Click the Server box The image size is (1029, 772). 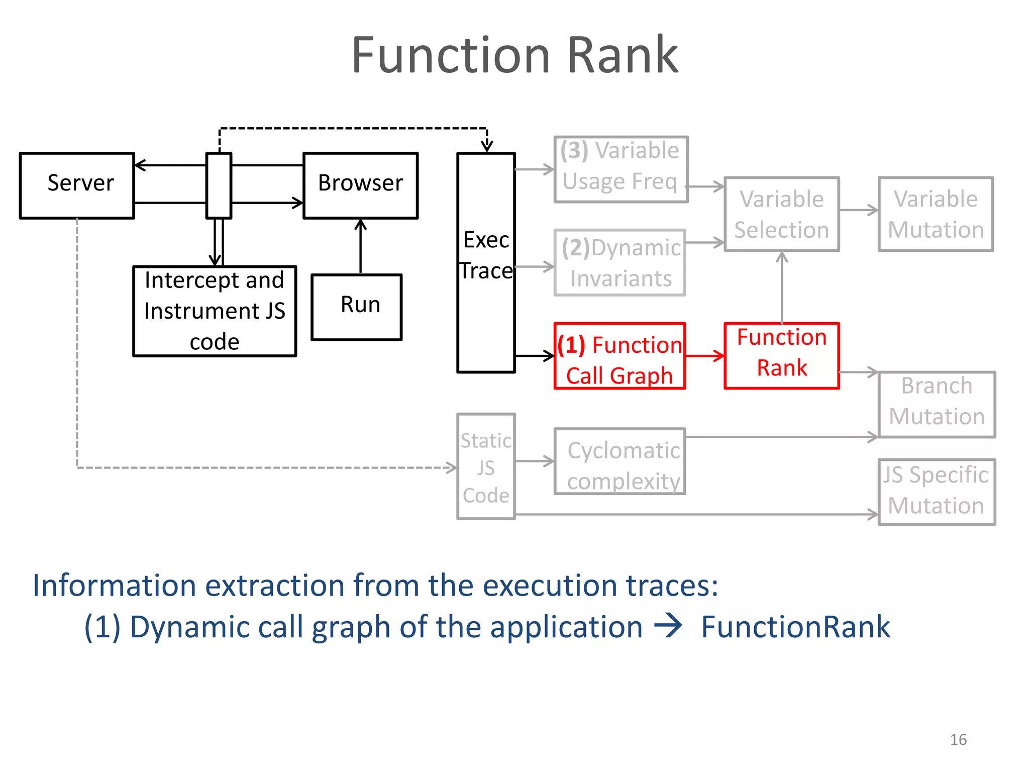pos(77,185)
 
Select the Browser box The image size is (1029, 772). pos(360,185)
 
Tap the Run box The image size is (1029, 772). pos(356,307)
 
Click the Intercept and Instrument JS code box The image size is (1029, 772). pos(215,311)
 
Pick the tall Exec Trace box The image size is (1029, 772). pos(486,262)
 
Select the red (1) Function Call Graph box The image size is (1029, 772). pos(620,356)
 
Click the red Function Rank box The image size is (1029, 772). pos(781,355)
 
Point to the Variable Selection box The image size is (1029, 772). pos(781,214)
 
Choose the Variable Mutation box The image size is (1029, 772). pos(936,214)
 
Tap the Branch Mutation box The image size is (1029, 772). pos(937,404)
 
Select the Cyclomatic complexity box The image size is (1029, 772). pos(620,461)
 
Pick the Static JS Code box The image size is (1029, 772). pos(486,466)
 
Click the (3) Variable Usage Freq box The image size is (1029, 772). pos(621,169)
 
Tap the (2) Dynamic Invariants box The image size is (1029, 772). pos(620,262)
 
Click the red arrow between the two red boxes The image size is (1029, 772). pos(704,356)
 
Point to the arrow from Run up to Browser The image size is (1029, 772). pos(360,246)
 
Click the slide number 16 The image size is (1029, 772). pos(958,739)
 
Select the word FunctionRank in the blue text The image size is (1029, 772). pos(795,627)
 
